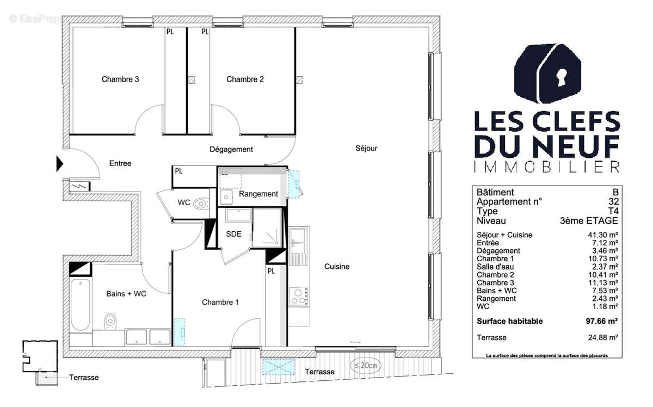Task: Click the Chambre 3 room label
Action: (x=120, y=79)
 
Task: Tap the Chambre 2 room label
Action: (x=245, y=79)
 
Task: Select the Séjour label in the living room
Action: (x=366, y=148)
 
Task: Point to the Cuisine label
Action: (x=337, y=267)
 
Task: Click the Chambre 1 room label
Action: (x=220, y=302)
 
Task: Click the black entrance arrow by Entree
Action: (x=60, y=164)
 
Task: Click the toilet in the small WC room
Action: (x=201, y=204)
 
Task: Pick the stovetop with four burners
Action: (x=298, y=296)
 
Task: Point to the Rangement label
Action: (x=258, y=194)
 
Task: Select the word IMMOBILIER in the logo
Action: (x=546, y=167)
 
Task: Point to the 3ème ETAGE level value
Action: (x=589, y=221)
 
